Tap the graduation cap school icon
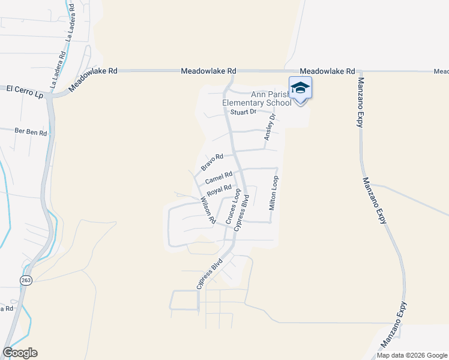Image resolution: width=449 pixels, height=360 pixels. [300, 88]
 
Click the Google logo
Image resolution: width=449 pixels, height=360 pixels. [20, 353]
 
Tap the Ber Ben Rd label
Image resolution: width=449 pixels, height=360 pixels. [31, 132]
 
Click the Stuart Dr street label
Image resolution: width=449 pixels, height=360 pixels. [244, 112]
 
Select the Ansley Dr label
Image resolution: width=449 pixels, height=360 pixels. [270, 127]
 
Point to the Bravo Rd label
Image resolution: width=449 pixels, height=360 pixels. [212, 161]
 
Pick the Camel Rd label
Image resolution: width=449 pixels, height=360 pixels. [218, 178]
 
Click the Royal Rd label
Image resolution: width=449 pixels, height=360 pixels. [219, 191]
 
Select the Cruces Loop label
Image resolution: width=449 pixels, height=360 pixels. [234, 207]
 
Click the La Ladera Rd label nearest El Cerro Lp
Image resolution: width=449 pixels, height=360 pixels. [58, 70]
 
